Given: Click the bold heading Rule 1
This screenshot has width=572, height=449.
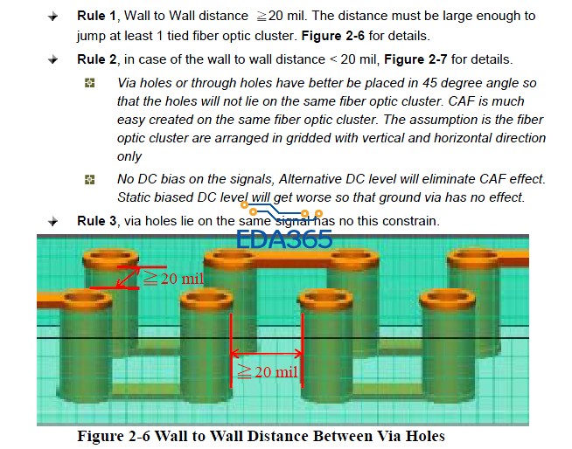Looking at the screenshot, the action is [x=96, y=16].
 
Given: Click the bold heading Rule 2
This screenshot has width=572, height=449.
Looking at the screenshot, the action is [x=97, y=59].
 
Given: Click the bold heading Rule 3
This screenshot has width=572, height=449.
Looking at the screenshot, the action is [x=97, y=221].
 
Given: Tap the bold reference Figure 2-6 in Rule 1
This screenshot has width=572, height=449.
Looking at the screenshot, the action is [x=332, y=36].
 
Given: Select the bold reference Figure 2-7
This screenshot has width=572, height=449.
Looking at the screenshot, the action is [x=415, y=59].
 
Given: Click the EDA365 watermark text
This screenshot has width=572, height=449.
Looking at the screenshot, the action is [x=284, y=239].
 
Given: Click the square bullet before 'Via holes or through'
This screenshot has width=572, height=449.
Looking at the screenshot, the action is [x=90, y=83].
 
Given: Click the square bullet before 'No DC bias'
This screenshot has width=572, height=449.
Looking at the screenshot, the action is [x=90, y=179].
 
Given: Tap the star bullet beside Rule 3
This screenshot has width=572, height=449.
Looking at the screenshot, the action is [x=52, y=221].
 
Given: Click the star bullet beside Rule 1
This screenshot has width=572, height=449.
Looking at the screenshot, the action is [x=52, y=17].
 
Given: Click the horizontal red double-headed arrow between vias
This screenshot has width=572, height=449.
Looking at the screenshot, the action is [x=267, y=353].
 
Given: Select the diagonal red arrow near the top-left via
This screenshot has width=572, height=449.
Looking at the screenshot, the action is [x=128, y=277].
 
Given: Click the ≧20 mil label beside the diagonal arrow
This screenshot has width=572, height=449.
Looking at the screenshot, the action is [x=173, y=279].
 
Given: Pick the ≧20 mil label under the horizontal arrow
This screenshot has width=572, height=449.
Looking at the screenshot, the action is [x=268, y=372].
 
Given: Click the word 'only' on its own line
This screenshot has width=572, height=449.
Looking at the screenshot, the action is [x=129, y=156].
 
